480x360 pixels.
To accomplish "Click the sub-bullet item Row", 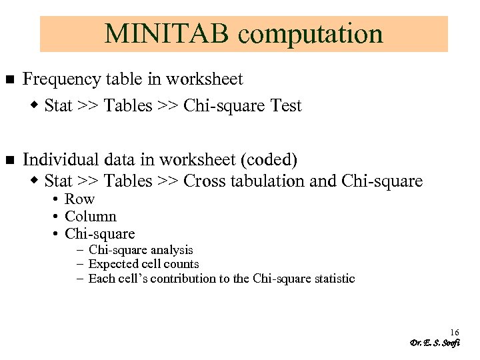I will click(x=79, y=199).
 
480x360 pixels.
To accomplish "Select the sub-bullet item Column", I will click(x=91, y=217).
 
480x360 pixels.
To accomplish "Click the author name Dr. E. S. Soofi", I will click(x=435, y=343).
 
